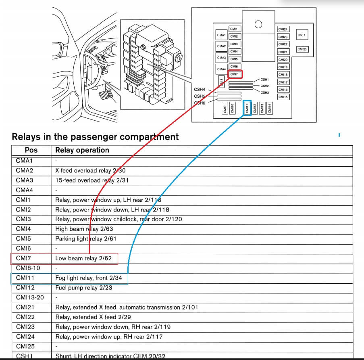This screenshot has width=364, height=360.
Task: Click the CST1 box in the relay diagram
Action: pyautogui.click(x=302, y=35)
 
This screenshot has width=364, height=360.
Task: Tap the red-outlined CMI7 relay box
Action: pyautogui.click(x=235, y=74)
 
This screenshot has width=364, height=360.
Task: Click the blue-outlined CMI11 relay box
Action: pyautogui.click(x=247, y=108)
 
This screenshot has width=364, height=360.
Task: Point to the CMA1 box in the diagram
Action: pyautogui.click(x=221, y=35)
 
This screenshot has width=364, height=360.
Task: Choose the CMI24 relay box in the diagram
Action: pyautogui.click(x=283, y=29)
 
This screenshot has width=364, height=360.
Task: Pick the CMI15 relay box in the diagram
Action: pyautogui.click(x=283, y=97)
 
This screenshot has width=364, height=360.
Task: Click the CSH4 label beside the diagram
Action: pyautogui.click(x=200, y=89)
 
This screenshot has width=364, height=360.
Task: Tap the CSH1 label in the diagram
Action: pyautogui.click(x=264, y=80)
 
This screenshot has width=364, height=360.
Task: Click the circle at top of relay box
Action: pyautogui.click(x=258, y=24)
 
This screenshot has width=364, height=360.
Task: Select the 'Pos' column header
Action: pyautogui.click(x=31, y=150)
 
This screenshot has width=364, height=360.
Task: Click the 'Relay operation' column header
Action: pyautogui.click(x=82, y=150)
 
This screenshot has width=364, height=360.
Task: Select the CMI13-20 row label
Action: pyautogui.click(x=29, y=297)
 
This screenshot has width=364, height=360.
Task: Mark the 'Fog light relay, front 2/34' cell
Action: pyautogui.click(x=88, y=278)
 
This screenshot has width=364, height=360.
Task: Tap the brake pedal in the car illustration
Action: pyautogui.click(x=106, y=96)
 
